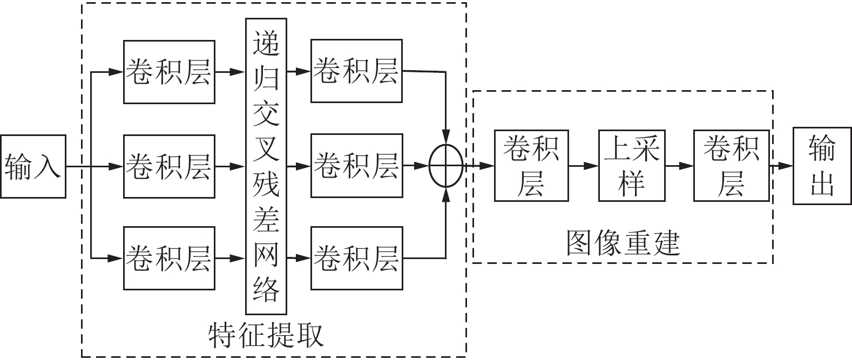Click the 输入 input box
pos(33,166)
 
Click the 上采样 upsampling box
pos(631,166)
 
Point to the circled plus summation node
pos(446,166)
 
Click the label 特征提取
pos(266,336)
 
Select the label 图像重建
pos(623,243)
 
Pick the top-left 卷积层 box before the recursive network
pos(169,72)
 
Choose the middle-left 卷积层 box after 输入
pos(169,166)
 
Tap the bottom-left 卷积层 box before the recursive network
pos(169,259)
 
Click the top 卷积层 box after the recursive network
pos(356,71)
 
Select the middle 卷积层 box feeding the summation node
pos(356,166)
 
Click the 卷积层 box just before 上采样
pos(531,166)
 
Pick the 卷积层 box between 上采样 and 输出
pos(731,166)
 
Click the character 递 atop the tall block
pos(266,43)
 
